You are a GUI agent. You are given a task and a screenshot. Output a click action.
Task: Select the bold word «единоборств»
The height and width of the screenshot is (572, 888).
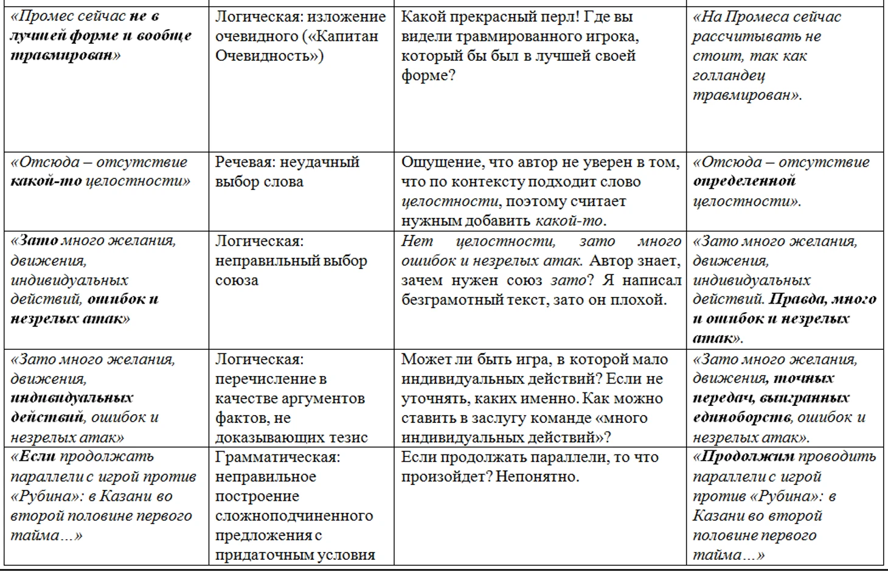click(742, 417)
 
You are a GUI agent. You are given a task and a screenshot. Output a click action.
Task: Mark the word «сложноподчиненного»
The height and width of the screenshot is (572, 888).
click(294, 515)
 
